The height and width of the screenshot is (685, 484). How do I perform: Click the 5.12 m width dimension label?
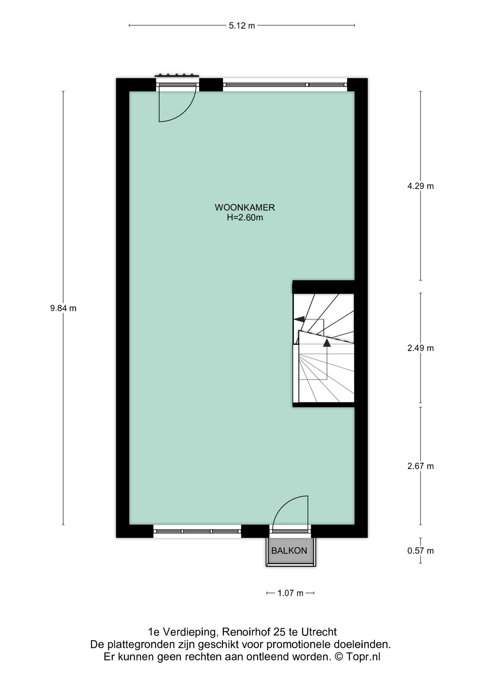[242, 26]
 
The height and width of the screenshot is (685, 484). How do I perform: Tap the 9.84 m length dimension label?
[63, 308]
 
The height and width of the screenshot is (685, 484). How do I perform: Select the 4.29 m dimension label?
[421, 186]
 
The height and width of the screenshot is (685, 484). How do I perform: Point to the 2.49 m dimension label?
[421, 348]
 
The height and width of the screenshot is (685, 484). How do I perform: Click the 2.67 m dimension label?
[421, 466]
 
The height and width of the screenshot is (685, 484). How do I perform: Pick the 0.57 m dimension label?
[421, 550]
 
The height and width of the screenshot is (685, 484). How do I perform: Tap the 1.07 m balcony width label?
[290, 593]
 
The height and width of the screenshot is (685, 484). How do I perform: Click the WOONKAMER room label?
[245, 207]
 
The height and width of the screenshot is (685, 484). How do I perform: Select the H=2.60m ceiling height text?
[245, 218]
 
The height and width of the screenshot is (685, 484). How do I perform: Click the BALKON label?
[289, 550]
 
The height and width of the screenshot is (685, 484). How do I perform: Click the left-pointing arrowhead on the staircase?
[299, 319]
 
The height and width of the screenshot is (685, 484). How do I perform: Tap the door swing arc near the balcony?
[284, 504]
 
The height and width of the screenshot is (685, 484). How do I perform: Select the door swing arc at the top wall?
[185, 111]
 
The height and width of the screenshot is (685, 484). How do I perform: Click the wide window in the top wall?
[285, 85]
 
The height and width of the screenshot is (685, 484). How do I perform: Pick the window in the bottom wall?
[197, 531]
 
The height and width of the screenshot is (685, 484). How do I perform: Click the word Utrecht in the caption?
[319, 632]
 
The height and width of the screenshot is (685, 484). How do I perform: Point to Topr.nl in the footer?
[363, 656]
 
